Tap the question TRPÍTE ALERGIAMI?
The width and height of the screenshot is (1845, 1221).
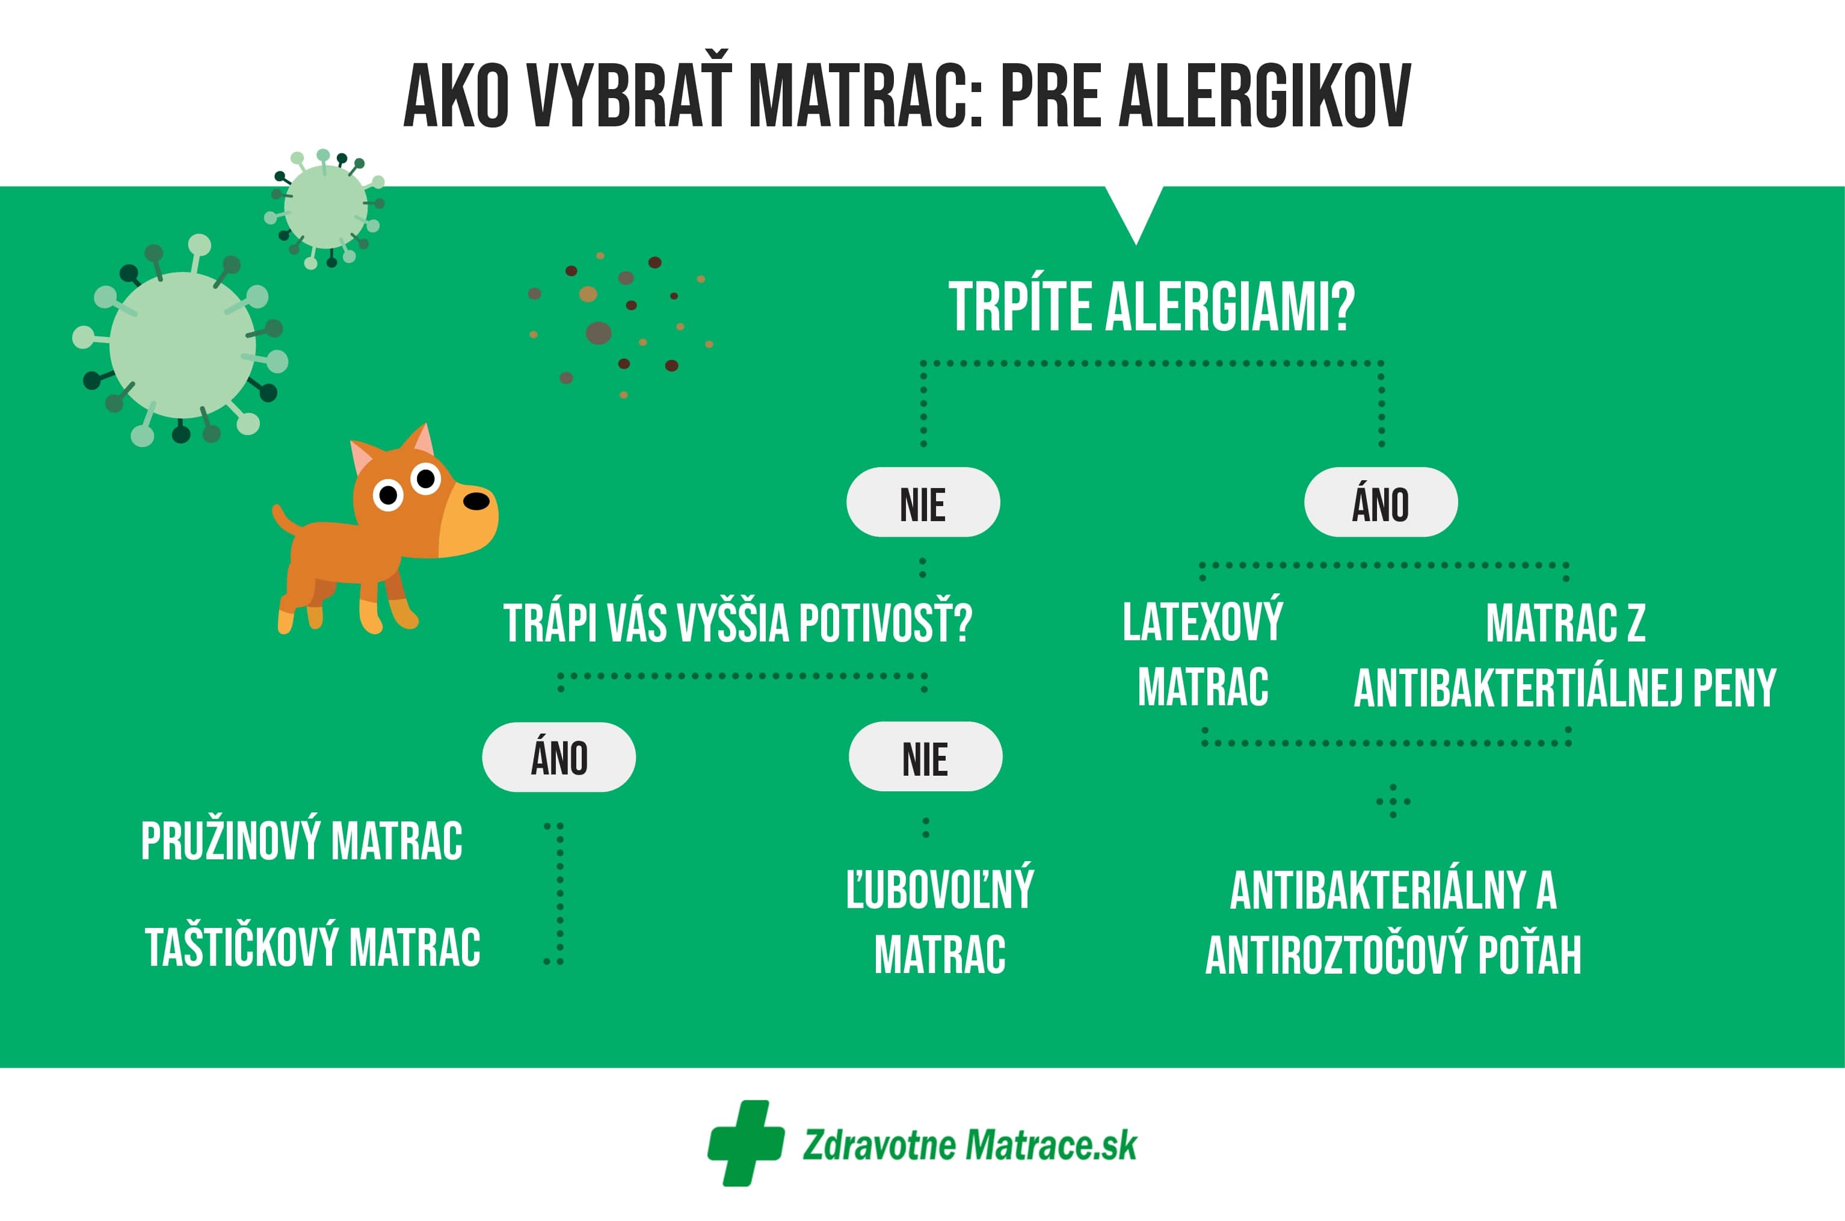pyautogui.click(x=1151, y=307)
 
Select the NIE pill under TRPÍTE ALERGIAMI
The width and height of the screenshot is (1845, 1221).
pyautogui.click(x=923, y=502)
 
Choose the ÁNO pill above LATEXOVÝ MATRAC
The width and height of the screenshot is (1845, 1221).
pyautogui.click(x=1380, y=502)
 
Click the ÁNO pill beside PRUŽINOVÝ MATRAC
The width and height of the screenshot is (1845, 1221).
pyautogui.click(x=558, y=757)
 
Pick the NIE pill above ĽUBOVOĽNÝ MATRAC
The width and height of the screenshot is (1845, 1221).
pyautogui.click(x=925, y=757)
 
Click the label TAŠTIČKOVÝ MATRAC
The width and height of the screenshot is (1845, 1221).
pyautogui.click(x=313, y=947)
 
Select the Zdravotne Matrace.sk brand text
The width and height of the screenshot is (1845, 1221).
pyautogui.click(x=969, y=1145)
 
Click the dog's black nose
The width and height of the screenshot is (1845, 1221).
pyautogui.click(x=476, y=501)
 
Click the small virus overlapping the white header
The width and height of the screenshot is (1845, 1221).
pyautogui.click(x=326, y=207)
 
